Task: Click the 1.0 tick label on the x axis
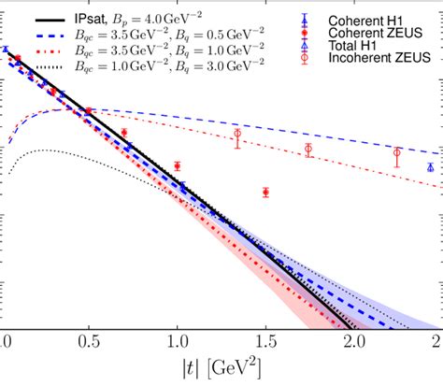click(177, 343)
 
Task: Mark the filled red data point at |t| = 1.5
click(265, 193)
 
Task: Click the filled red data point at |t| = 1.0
click(177, 166)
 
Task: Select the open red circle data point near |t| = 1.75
click(308, 149)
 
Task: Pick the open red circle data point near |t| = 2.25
click(397, 152)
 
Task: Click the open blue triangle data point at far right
click(430, 167)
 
